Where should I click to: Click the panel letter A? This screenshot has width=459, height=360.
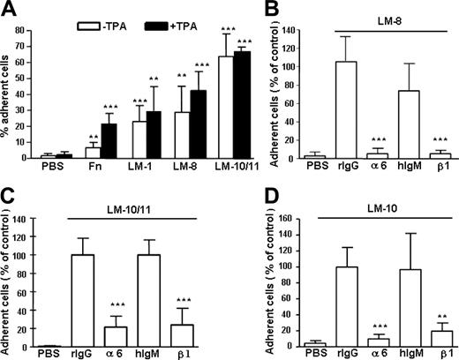(8, 8)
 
